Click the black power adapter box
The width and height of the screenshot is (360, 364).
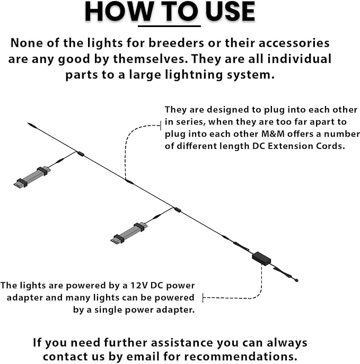261,258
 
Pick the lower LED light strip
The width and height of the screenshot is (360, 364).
129,233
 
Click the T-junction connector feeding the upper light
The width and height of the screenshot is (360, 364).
81,154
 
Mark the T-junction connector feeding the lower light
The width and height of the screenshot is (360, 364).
178,210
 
